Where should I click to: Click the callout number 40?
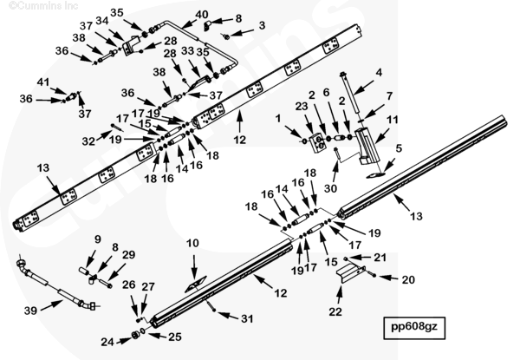click(x=201, y=15)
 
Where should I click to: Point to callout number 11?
click(x=392, y=120)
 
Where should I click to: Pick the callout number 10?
click(x=192, y=245)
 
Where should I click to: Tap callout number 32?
click(x=87, y=141)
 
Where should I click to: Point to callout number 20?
click(x=407, y=279)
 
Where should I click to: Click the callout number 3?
click(x=262, y=25)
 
